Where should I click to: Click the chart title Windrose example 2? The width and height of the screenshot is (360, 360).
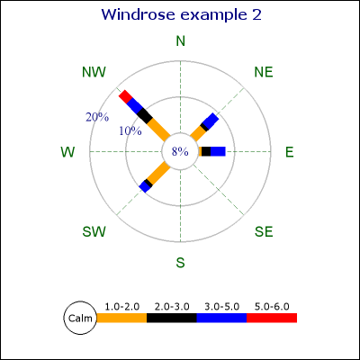click(182, 14)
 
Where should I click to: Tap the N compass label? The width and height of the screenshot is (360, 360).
click(180, 41)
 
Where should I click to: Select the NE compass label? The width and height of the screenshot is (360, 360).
click(264, 72)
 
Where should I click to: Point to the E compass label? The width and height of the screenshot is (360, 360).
click(289, 152)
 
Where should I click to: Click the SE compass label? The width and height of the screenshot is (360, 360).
click(264, 231)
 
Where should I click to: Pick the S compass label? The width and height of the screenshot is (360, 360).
click(180, 263)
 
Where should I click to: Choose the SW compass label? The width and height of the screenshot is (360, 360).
click(94, 231)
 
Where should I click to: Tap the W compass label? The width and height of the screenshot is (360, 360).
click(67, 152)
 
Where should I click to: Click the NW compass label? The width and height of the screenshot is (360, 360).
click(94, 72)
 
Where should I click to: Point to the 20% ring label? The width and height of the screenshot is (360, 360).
click(97, 117)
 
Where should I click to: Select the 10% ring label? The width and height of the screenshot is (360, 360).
click(130, 130)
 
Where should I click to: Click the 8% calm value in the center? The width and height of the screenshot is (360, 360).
click(180, 152)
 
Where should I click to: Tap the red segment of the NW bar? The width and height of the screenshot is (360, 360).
click(125, 95)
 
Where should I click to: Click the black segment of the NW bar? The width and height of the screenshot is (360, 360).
click(145, 115)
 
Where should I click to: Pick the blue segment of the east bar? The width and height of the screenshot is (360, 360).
click(218, 151)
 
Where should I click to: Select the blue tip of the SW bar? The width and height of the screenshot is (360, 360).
click(144, 187)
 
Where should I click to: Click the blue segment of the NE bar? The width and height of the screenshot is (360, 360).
click(211, 121)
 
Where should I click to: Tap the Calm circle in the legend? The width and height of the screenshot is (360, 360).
click(80, 318)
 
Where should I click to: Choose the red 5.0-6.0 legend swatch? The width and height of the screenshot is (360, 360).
click(272, 318)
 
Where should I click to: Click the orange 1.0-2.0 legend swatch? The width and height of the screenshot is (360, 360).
click(121, 318)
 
